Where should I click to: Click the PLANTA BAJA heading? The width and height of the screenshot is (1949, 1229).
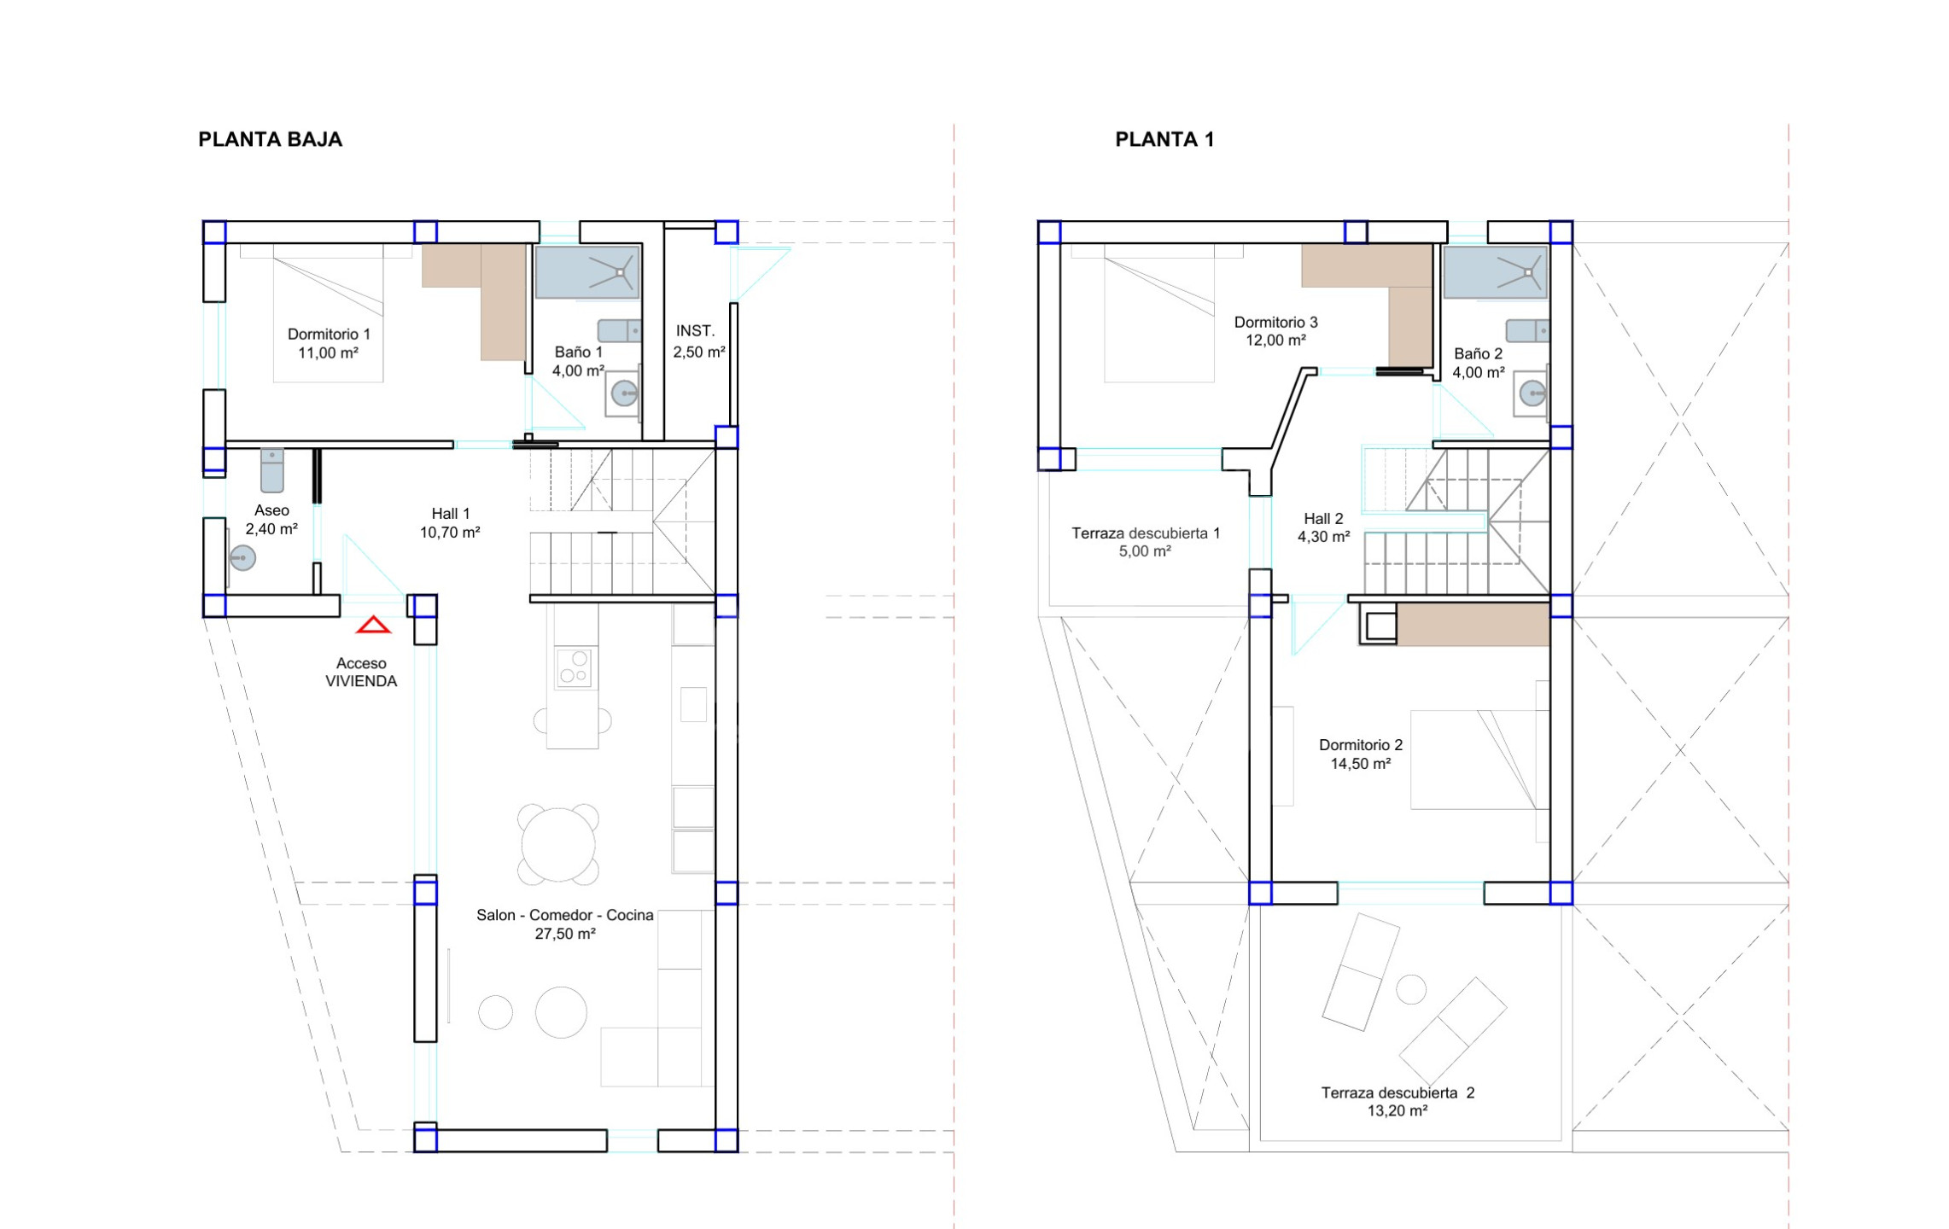pos(270,139)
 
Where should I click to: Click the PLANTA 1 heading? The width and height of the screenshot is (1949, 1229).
pos(1164,139)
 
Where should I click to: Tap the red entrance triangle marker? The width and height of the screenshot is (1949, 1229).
pos(373,626)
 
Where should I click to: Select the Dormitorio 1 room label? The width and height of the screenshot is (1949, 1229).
pos(329,334)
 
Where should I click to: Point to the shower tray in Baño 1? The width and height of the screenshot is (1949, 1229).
pos(587,272)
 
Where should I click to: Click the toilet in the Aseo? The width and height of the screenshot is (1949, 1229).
pos(271,470)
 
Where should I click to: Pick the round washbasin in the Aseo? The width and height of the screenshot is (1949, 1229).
pos(242,558)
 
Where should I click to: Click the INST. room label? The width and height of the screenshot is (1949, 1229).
pos(695,330)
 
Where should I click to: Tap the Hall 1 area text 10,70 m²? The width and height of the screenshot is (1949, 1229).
pos(450,533)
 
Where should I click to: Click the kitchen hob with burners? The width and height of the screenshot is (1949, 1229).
pos(575,667)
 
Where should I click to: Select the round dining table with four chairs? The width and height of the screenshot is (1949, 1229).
pos(558,844)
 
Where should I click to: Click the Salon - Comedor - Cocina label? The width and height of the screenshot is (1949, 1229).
pos(565,915)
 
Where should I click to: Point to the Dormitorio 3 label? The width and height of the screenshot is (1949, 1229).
pos(1276,322)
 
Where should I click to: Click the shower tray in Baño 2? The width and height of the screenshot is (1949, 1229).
pos(1496,272)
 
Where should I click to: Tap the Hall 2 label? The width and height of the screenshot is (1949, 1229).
pos(1323,518)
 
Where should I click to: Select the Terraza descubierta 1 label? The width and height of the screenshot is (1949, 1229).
pos(1146,533)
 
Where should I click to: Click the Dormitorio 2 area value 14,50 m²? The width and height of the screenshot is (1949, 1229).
pos(1361,764)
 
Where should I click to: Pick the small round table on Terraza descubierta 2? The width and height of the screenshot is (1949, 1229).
pos(1411,989)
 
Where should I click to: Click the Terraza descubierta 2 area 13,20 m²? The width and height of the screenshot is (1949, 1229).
pos(1398,1110)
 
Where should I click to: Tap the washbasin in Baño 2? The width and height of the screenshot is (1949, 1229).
pos(1532,393)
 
